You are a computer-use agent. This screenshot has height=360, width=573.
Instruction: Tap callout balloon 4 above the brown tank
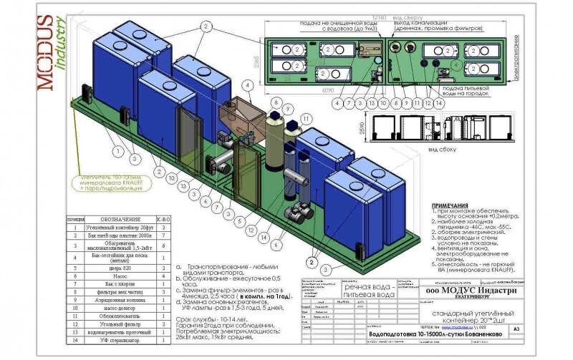point(247,84)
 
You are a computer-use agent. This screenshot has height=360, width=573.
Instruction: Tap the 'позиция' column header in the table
point(76,219)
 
